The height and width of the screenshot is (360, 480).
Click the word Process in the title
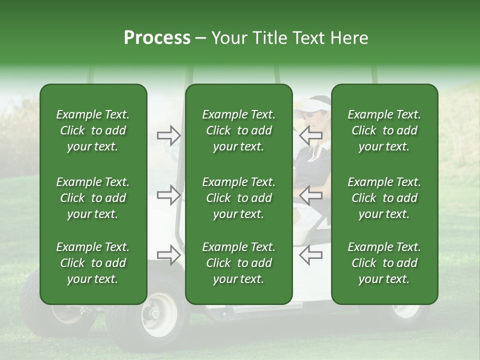pyautogui.click(x=157, y=38)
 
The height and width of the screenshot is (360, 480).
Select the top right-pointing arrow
pyautogui.click(x=169, y=135)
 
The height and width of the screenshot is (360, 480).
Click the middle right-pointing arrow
pyautogui.click(x=169, y=194)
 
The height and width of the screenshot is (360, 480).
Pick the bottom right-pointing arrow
pyautogui.click(x=169, y=254)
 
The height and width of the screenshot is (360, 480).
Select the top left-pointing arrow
pyautogui.click(x=310, y=135)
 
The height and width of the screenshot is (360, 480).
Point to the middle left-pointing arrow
pyautogui.click(x=310, y=194)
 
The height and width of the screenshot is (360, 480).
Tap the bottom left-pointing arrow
pyautogui.click(x=310, y=254)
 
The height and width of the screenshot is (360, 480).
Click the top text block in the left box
pyautogui.click(x=93, y=130)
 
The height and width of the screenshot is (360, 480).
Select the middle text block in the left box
pyautogui.click(x=93, y=198)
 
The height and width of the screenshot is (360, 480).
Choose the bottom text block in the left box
pyautogui.click(x=93, y=263)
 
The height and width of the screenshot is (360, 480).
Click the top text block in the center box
pyautogui.click(x=238, y=130)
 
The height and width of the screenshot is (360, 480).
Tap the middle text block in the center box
pyautogui.click(x=238, y=198)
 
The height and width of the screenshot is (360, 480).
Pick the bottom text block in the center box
pyautogui.click(x=238, y=263)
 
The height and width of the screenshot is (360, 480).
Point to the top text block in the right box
pyautogui.click(x=384, y=130)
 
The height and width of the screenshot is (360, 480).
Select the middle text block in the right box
pyautogui.click(x=384, y=198)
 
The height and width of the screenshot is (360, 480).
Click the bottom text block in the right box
pyautogui.click(x=384, y=263)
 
